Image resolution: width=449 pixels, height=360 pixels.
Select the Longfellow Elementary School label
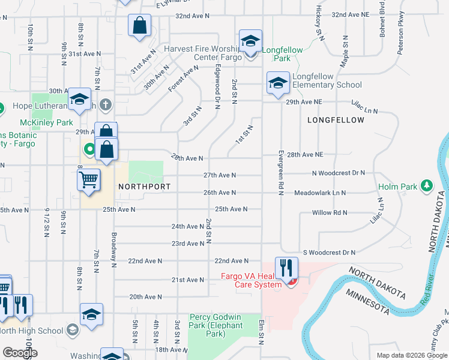tap(327, 80)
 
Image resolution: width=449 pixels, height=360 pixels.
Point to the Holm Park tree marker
tap(427, 186)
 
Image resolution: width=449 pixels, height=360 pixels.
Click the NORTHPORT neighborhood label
tap(141, 187)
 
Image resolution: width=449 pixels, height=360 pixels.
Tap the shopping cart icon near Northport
tap(88, 179)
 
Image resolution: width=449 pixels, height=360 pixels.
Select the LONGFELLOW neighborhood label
tap(336, 120)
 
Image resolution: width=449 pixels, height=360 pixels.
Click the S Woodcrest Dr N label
tap(329, 253)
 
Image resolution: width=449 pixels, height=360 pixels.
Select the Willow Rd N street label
tap(330, 212)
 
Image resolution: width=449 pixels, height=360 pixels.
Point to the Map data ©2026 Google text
tap(411, 355)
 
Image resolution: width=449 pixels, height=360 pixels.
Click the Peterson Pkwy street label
tap(400, 32)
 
